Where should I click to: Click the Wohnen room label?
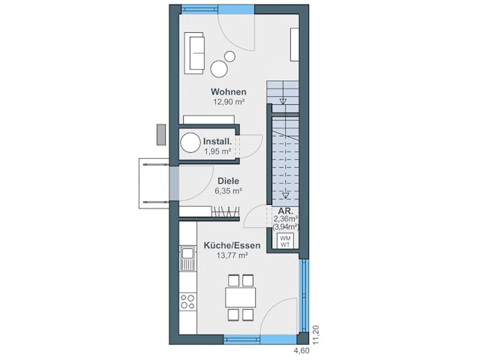pyautogui.click(x=228, y=91)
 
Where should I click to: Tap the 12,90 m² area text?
pyautogui.click(x=228, y=101)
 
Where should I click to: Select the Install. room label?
pyautogui.click(x=217, y=141)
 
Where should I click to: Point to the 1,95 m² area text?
pyautogui.click(x=217, y=151)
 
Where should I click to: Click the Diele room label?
pyautogui.click(x=229, y=181)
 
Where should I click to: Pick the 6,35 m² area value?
pyautogui.click(x=229, y=190)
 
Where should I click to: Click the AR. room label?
pyautogui.click(x=285, y=211)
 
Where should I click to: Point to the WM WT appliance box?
pyautogui.click(x=285, y=241)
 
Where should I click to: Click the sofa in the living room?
pyautogui.click(x=195, y=52)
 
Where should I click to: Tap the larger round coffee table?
pyautogui.click(x=219, y=69)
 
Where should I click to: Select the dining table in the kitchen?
pyautogui.click(x=240, y=297)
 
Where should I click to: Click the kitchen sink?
pyautogui.click(x=187, y=259)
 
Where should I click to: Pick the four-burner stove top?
pyautogui.click(x=187, y=301)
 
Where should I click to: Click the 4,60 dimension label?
pyautogui.click(x=301, y=350)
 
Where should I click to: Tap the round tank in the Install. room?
pyautogui.click(x=192, y=143)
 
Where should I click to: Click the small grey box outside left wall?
pyautogui.click(x=160, y=134)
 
